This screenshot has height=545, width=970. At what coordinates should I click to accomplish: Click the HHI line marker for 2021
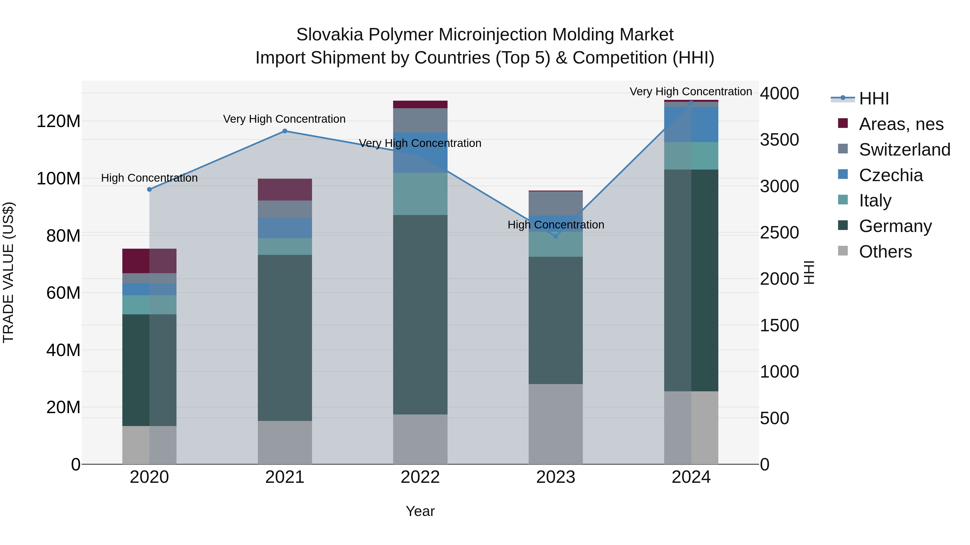285,131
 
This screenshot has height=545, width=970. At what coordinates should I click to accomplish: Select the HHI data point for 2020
150,189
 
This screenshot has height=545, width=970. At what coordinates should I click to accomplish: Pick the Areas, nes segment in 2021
285,189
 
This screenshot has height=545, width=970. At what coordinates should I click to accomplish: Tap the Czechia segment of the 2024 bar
691,124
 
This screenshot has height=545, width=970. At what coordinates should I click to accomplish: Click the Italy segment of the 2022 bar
420,194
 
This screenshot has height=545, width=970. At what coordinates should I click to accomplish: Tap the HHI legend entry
874,99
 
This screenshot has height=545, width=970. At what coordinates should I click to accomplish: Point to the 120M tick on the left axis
58,121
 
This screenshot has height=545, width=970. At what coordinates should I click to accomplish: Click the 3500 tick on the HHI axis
779,139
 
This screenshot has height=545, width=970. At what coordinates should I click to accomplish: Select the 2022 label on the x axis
420,477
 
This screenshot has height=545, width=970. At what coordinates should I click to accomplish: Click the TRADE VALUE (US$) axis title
9,272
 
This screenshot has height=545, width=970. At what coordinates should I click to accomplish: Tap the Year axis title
420,511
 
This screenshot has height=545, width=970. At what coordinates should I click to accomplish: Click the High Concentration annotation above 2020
150,178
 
